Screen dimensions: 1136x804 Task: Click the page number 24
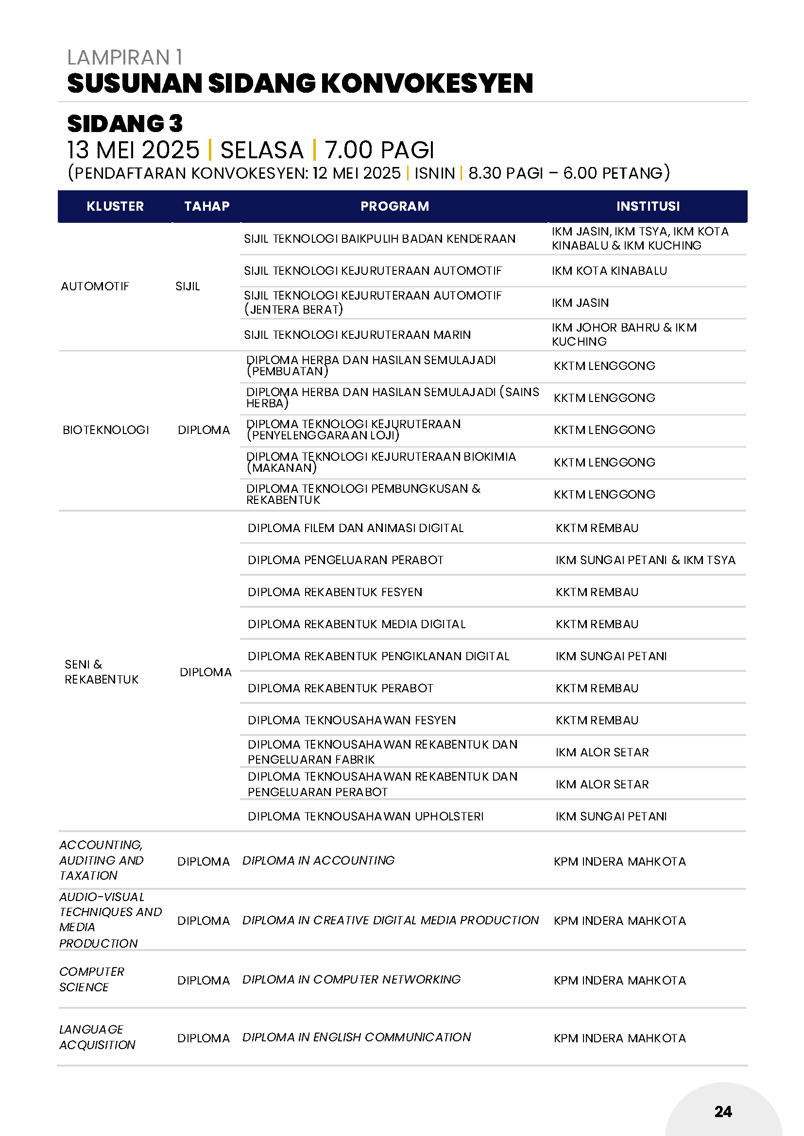click(723, 1111)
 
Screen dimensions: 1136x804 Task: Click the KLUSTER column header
click(115, 206)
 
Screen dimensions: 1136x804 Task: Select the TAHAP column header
click(206, 206)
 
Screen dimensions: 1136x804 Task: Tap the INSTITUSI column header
click(648, 206)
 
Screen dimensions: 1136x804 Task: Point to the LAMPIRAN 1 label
click(125, 57)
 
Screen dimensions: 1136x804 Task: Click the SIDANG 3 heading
click(125, 124)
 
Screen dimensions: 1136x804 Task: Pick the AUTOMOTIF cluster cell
click(95, 286)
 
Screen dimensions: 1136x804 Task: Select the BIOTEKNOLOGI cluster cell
click(105, 430)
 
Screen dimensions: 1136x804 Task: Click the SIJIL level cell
click(188, 286)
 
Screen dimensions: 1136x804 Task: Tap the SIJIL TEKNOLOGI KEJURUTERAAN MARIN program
click(357, 335)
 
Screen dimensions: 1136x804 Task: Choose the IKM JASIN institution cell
click(580, 303)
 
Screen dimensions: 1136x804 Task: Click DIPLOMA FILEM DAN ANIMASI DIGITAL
click(356, 528)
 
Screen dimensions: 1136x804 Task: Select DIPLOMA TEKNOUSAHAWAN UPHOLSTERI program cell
click(365, 817)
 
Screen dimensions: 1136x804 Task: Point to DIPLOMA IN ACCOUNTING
click(318, 861)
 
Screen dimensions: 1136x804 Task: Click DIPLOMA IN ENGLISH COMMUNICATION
click(357, 1037)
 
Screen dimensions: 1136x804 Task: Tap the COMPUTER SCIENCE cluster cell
click(92, 979)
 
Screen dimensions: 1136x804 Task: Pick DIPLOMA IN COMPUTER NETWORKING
click(351, 980)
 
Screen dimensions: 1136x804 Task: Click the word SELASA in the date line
click(261, 150)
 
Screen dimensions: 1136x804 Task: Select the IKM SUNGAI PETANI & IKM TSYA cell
click(645, 560)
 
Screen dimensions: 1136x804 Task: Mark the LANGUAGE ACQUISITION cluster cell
click(97, 1037)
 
